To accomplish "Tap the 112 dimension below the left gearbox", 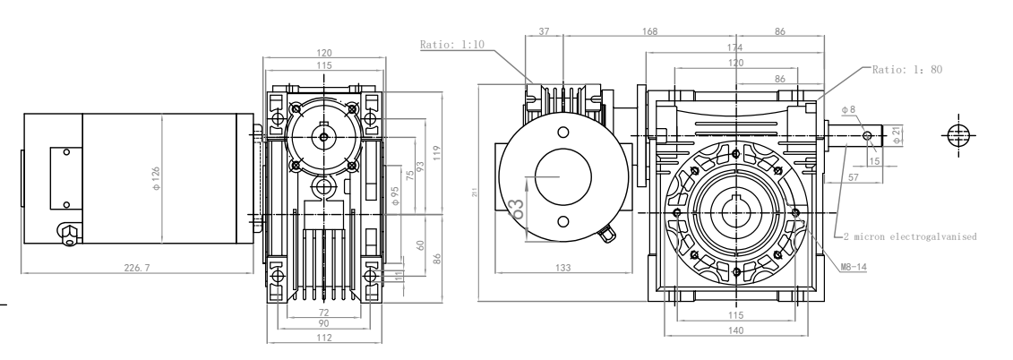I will [324, 338].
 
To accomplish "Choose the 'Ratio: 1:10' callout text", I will [453, 44].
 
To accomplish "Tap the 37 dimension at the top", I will [545, 31].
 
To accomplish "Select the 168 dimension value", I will [648, 31].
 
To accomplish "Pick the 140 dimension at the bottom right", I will [736, 330].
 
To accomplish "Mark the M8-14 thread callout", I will [854, 267].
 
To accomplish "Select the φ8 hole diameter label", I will [849, 109].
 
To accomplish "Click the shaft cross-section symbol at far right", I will [957, 134].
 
